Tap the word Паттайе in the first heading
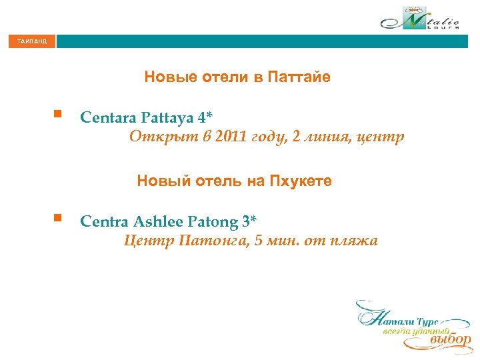(299, 77)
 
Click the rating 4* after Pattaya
(205, 118)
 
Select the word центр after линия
(381, 139)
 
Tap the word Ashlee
(158, 221)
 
